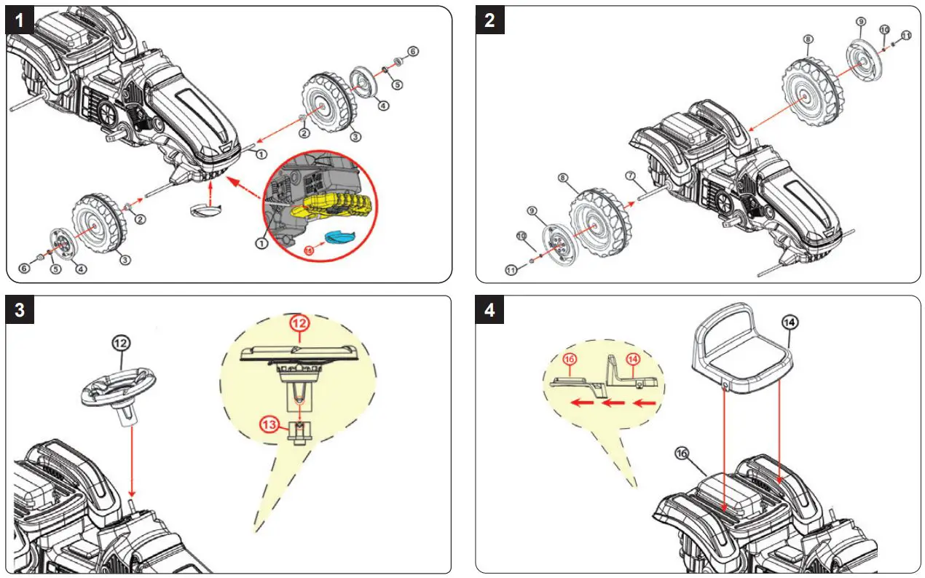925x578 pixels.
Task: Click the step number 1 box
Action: pyautogui.click(x=20, y=20)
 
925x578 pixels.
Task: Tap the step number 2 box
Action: pyautogui.click(x=490, y=20)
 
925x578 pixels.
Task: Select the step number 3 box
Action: pyautogui.click(x=20, y=309)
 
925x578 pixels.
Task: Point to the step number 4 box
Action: pyautogui.click(x=490, y=309)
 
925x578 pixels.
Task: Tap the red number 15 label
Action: pyautogui.click(x=309, y=250)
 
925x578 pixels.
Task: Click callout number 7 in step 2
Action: pyautogui.click(x=630, y=176)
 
